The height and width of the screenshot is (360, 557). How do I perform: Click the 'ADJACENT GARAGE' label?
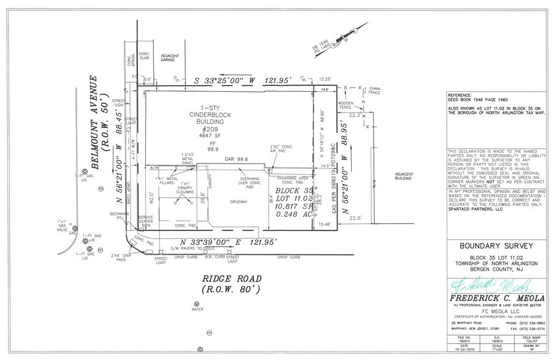point(170,58)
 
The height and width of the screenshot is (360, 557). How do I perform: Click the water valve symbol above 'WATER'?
point(196,304)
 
